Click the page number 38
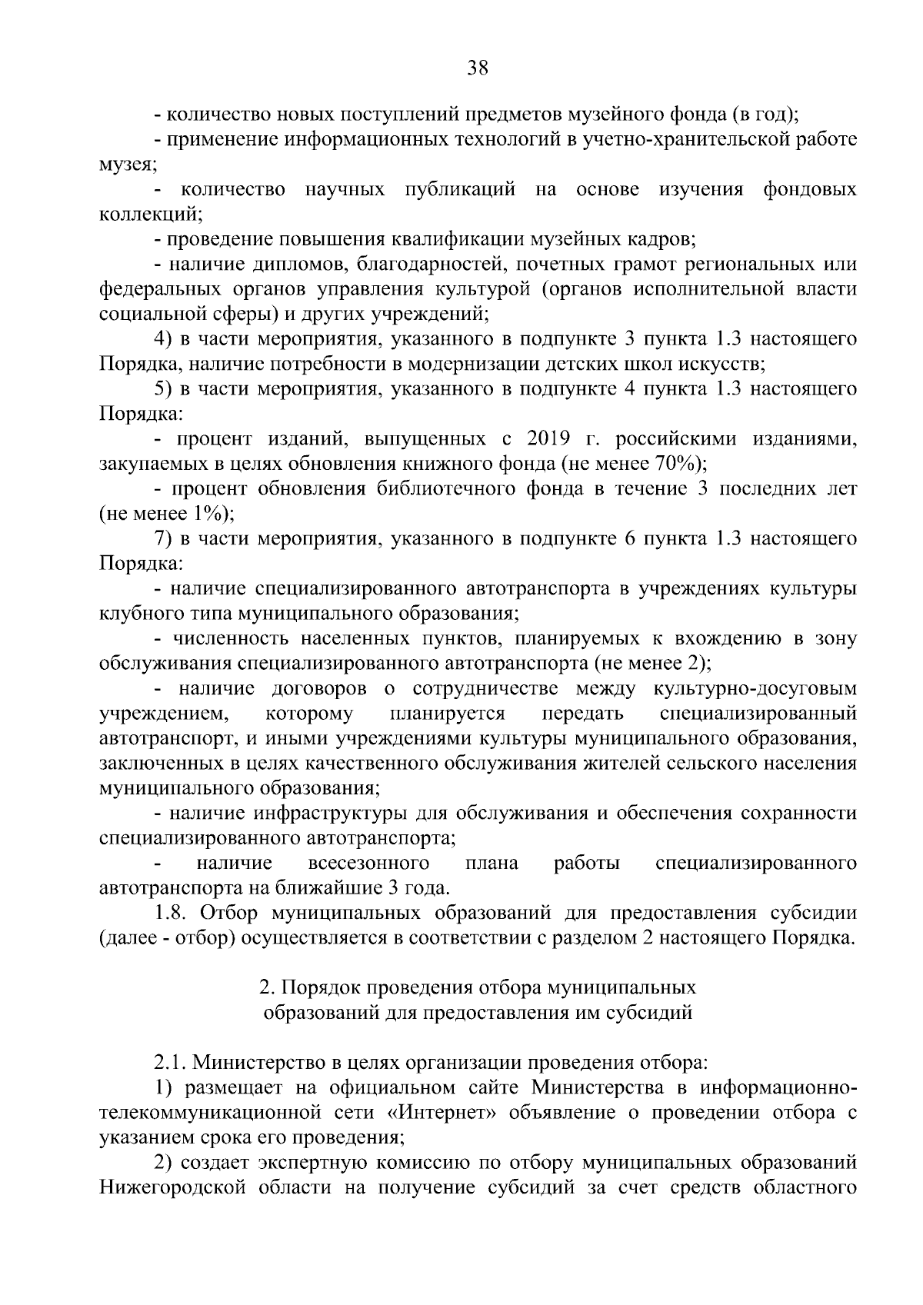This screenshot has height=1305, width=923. click(x=477, y=68)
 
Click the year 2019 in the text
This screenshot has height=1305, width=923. click(x=548, y=439)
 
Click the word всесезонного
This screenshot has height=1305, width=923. click(x=368, y=863)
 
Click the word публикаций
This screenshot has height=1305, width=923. click(x=460, y=190)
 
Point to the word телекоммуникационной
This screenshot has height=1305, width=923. click(x=209, y=1112)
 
